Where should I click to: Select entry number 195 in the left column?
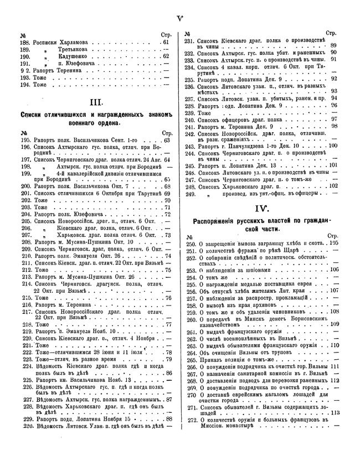25,141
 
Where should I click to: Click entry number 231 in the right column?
190,41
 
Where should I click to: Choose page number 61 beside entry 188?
166,42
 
